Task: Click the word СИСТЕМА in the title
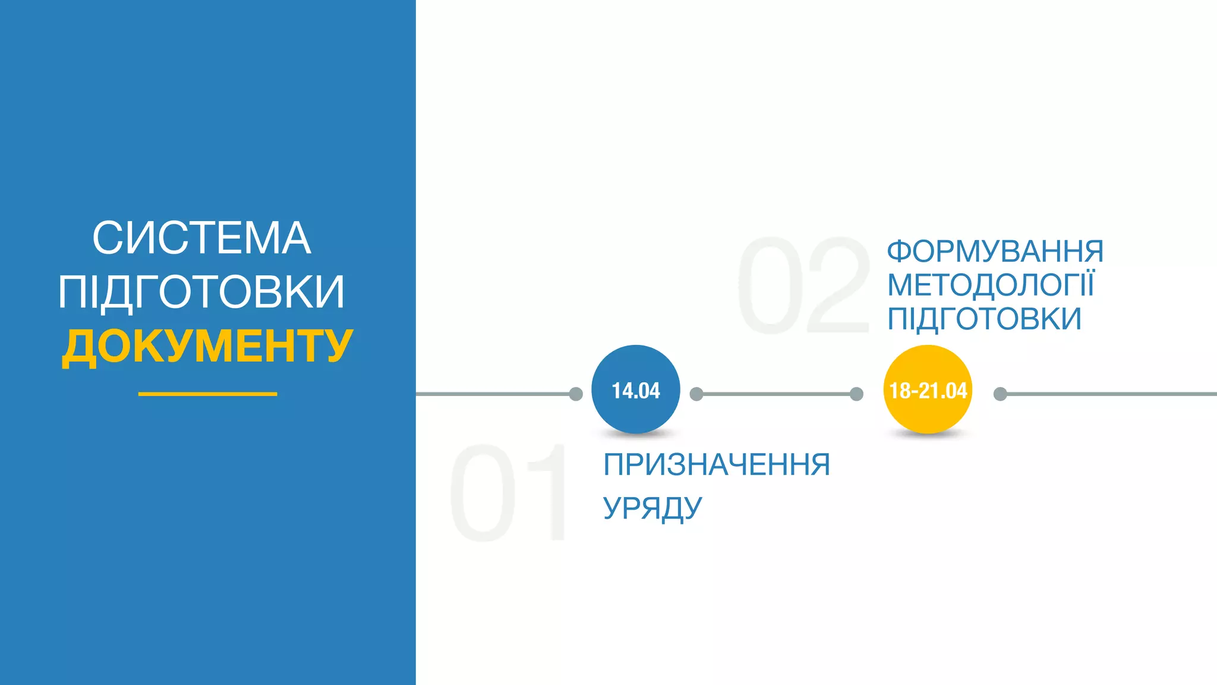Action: coord(201,238)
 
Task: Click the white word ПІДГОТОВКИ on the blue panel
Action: coord(201,291)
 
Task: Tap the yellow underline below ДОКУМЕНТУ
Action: coord(207,394)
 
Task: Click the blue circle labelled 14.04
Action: coord(635,389)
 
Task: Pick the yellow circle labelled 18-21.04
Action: coord(928,389)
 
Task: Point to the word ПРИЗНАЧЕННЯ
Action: coord(716,464)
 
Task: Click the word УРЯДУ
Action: coord(652,508)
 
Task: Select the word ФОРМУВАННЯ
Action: coord(995,251)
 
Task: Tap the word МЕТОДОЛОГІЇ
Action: coord(990,285)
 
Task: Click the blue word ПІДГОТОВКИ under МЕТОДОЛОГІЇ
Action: coord(984,319)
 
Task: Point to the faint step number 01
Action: coord(508,493)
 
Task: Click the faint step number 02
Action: coord(803,285)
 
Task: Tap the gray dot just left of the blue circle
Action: coord(576,394)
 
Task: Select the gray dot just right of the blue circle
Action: coord(696,394)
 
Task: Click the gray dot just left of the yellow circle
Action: coord(856,394)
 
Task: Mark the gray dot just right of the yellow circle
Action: coord(1000,394)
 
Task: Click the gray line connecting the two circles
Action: coord(776,394)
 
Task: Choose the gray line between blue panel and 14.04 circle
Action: coord(493,394)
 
